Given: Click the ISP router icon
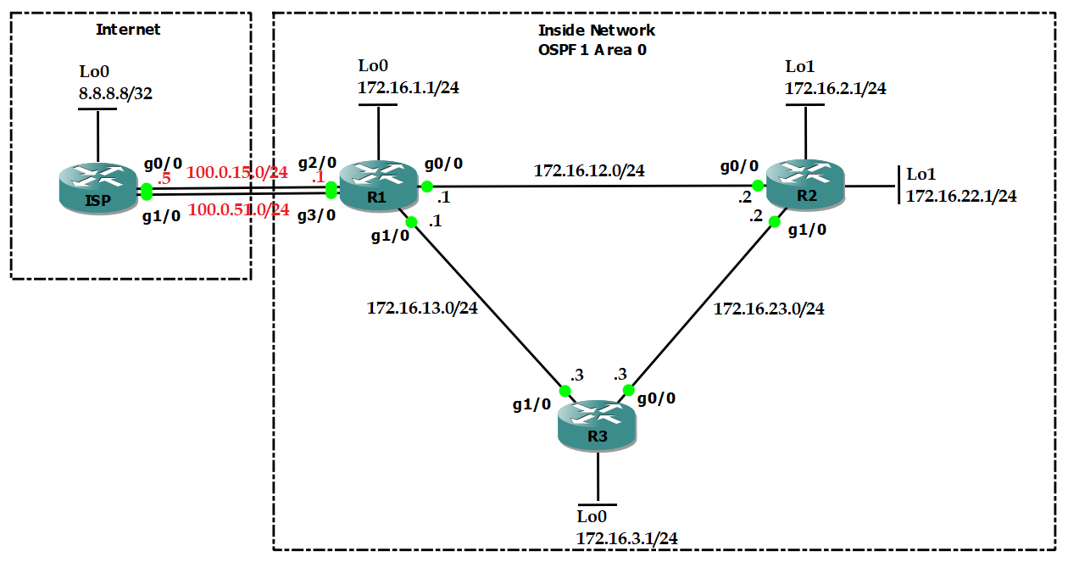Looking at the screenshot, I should click(x=98, y=189).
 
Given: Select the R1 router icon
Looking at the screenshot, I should click(x=378, y=185).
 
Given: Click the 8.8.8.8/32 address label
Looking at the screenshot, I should click(x=116, y=94).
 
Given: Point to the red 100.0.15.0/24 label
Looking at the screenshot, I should click(x=237, y=173).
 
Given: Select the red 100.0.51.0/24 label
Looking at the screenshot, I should click(x=238, y=209).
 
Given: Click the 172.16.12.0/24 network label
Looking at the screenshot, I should click(x=589, y=171).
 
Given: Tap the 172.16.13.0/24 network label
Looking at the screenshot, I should click(x=422, y=309).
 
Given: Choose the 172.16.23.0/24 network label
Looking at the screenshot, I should click(x=769, y=309).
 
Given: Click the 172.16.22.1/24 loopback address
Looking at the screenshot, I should click(x=961, y=196).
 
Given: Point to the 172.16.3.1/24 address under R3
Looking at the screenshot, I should click(x=626, y=537).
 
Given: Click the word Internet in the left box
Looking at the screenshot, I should click(x=128, y=30).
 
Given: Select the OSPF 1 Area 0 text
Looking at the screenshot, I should click(x=592, y=50).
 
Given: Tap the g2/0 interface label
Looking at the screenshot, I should click(x=317, y=162).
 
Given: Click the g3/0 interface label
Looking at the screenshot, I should click(x=317, y=215).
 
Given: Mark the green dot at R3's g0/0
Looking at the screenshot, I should click(x=628, y=391).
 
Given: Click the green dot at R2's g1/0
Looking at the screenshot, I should click(x=774, y=222).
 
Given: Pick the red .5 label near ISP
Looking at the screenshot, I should click(x=165, y=179).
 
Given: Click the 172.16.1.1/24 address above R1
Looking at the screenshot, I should click(x=409, y=86).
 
